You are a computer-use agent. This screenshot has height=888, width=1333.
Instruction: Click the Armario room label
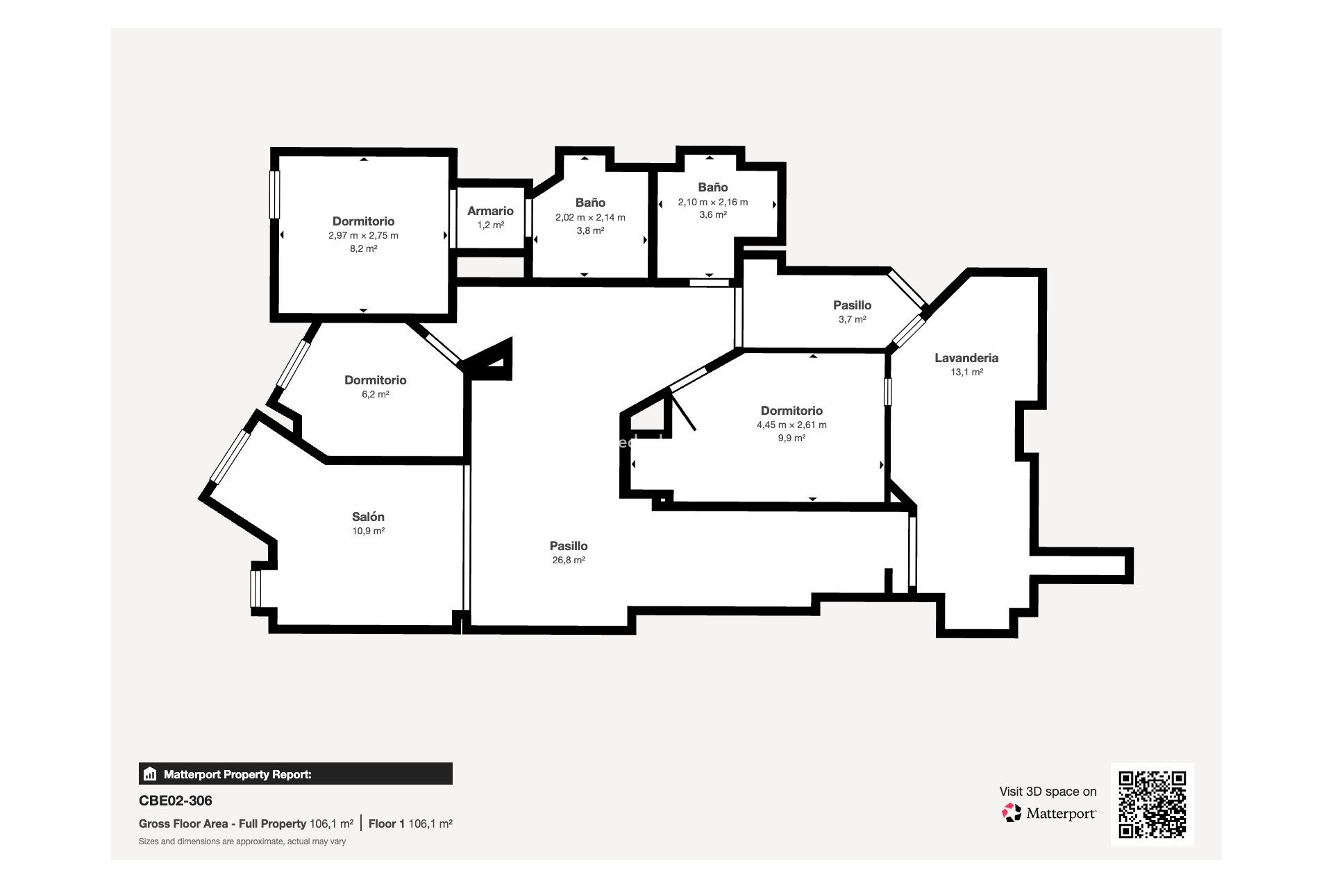click(490, 211)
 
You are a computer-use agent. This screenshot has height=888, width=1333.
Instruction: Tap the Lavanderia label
click(966, 358)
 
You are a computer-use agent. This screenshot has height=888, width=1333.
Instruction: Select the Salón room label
click(368, 517)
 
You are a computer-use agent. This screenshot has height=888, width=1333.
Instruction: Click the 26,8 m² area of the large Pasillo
click(569, 561)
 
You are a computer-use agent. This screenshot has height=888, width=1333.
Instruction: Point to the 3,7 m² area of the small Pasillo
click(852, 320)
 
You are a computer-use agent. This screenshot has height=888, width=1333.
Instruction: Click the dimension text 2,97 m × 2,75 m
click(363, 235)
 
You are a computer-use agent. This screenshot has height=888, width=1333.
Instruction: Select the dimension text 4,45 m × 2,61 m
click(791, 425)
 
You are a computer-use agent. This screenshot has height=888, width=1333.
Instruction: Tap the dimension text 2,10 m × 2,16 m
click(713, 203)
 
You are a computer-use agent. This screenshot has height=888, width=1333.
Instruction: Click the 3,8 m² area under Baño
click(590, 230)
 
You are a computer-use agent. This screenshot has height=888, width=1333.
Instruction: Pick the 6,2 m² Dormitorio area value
click(376, 394)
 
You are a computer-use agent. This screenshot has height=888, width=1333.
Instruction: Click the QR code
click(1152, 804)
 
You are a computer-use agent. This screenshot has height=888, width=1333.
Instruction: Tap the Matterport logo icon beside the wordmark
click(1012, 812)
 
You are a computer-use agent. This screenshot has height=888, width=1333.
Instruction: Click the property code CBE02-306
click(176, 801)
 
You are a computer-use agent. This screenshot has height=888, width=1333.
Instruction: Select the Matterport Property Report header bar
click(296, 774)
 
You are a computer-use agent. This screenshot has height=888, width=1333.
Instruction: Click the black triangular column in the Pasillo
click(494, 362)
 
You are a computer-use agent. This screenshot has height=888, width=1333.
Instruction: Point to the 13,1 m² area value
click(966, 373)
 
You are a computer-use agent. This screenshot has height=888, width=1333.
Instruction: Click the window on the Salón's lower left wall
click(255, 588)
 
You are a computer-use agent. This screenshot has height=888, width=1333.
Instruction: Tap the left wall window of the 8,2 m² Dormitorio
click(274, 194)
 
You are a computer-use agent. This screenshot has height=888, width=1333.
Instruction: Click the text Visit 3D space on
click(1048, 792)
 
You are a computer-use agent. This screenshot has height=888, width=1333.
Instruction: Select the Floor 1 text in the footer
click(387, 824)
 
